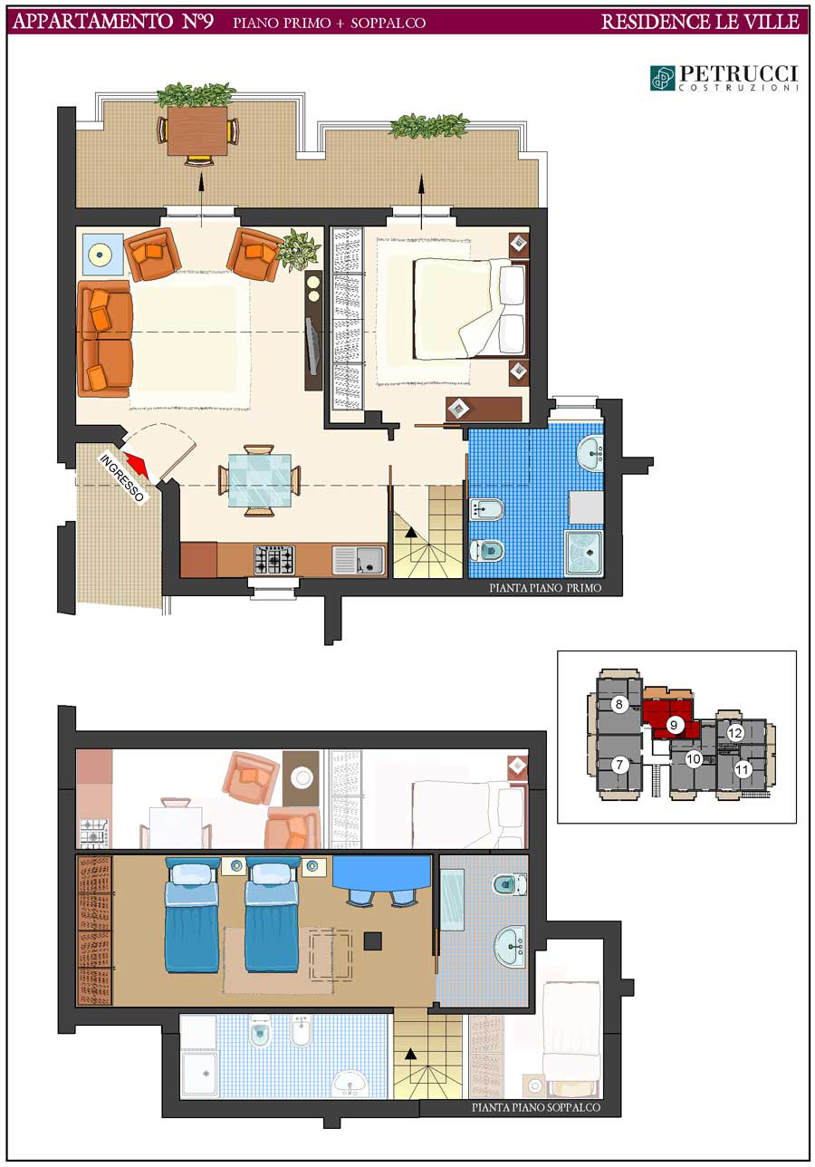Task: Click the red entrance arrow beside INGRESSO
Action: point(139,466)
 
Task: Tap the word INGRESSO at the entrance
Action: point(121,477)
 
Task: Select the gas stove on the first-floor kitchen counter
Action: point(273,560)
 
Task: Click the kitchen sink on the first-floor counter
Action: point(359,560)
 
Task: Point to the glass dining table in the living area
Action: point(259,480)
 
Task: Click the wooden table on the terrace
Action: point(197,130)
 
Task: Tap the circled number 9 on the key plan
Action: point(674,725)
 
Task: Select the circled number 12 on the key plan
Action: point(734,733)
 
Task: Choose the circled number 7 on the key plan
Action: point(619,765)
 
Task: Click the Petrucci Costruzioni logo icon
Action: point(663,78)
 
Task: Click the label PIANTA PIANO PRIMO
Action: point(545,588)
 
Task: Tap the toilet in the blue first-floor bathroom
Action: point(487,550)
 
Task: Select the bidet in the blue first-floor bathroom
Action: point(487,509)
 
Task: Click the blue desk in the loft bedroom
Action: point(382,873)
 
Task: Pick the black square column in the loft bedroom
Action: point(372,940)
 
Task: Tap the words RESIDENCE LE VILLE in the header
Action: point(700,22)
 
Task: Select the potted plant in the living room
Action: point(298,250)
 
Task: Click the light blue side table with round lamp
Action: point(102,255)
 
